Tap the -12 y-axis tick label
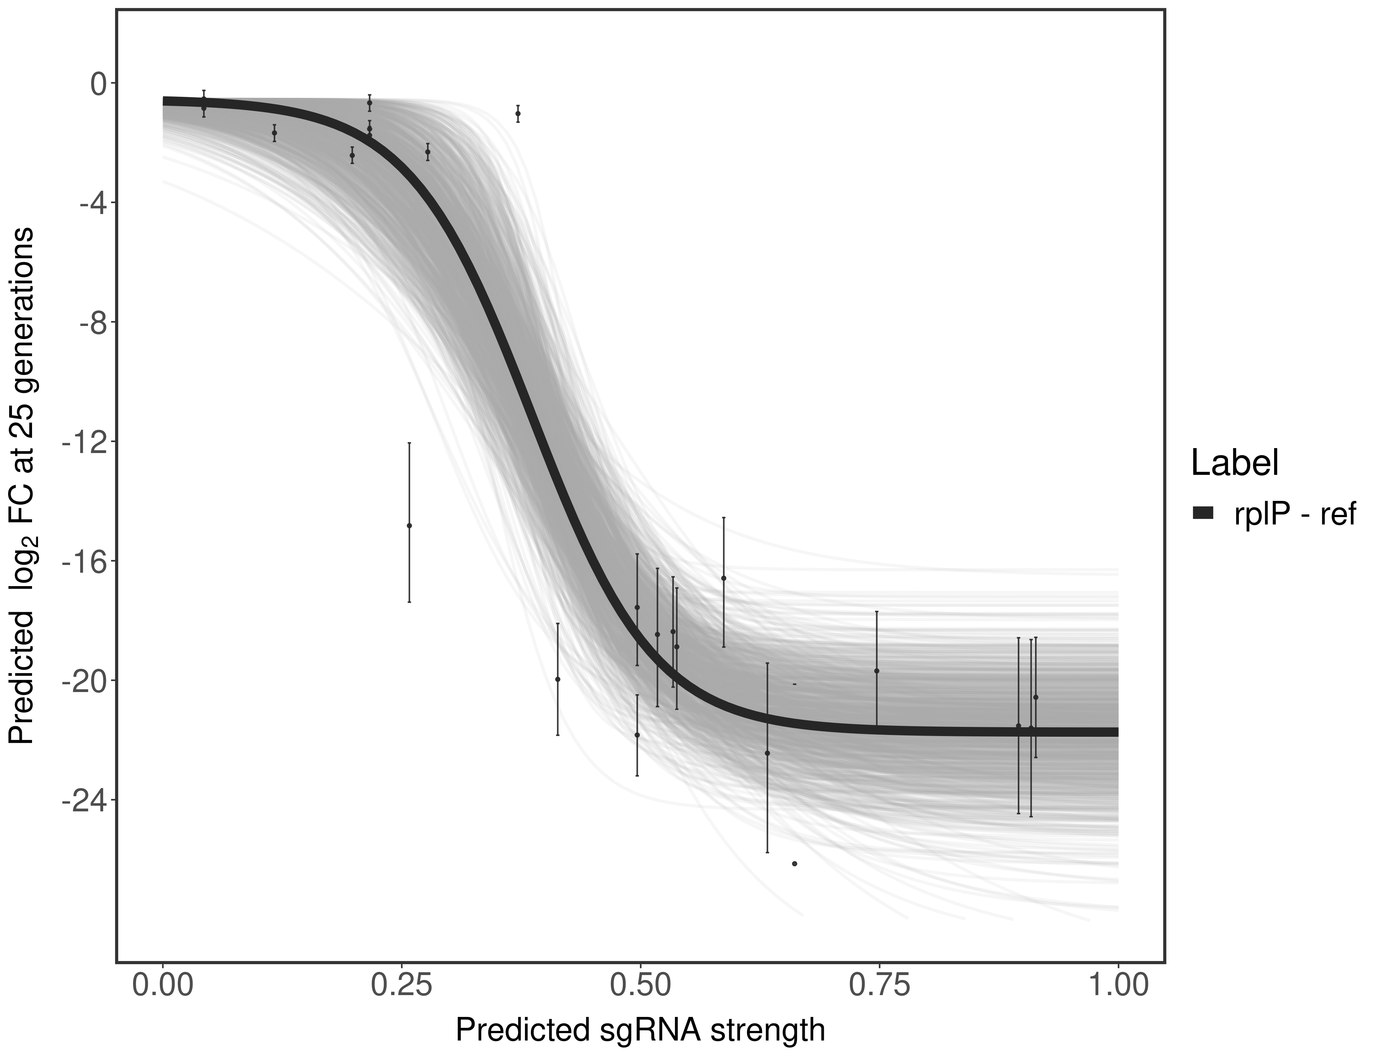[x=83, y=442]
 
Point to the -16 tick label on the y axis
[x=83, y=561]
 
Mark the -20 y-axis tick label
[x=83, y=681]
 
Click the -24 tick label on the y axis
[x=83, y=800]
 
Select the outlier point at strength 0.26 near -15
[x=409, y=526]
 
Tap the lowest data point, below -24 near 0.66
[x=795, y=864]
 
